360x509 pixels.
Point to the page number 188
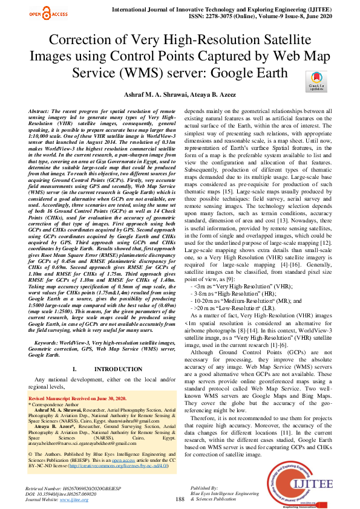pyautogui.click(x=180, y=499)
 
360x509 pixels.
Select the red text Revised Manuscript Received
pyautogui.click(x=77, y=399)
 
